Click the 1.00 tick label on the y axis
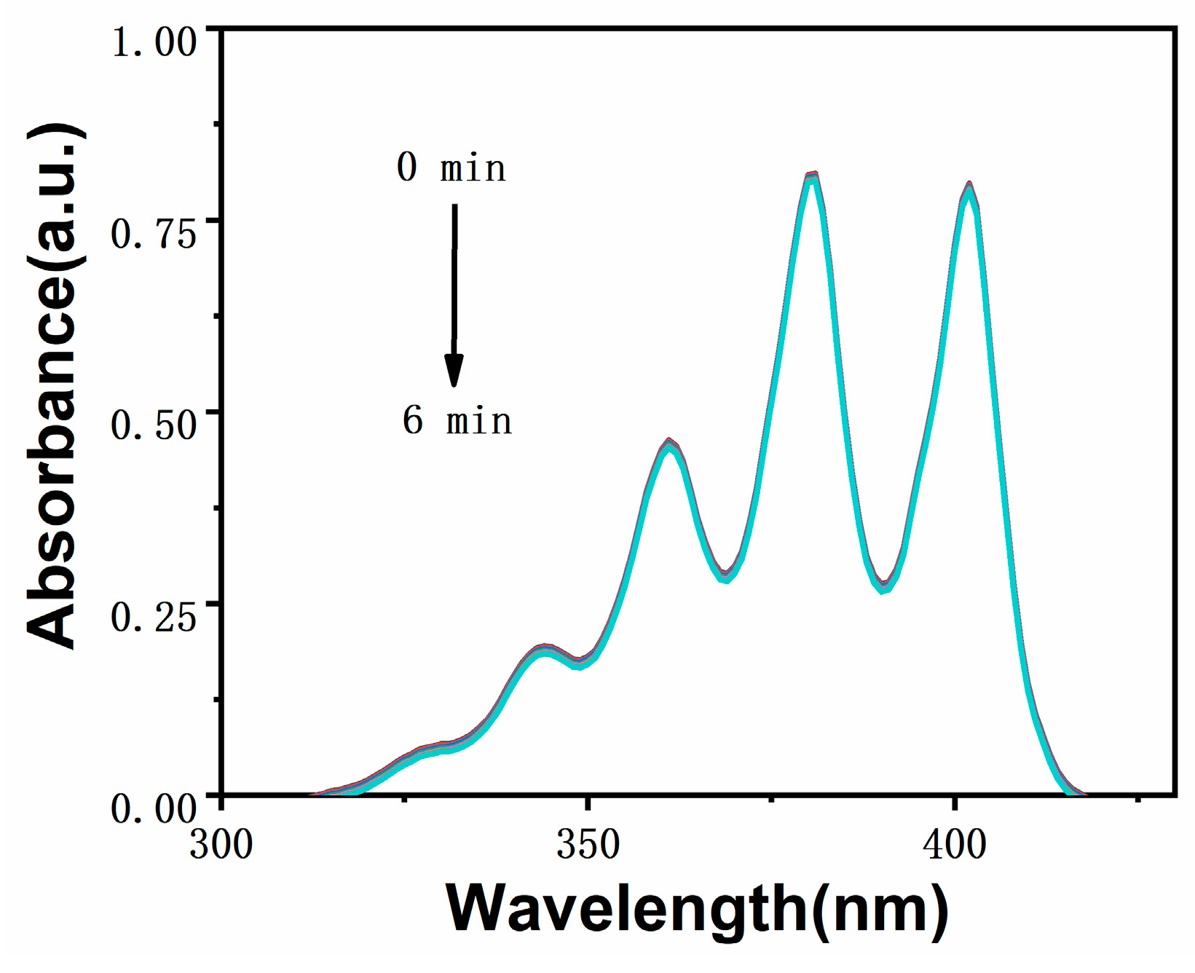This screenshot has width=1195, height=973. pyautogui.click(x=154, y=42)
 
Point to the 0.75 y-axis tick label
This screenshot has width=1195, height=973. pyautogui.click(x=154, y=235)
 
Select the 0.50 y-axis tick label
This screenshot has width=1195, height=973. pyautogui.click(x=154, y=425)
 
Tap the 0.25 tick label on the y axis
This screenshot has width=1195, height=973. pyautogui.click(x=154, y=617)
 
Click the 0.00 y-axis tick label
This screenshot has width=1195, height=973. pyautogui.click(x=154, y=808)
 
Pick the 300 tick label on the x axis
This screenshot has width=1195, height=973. pyautogui.click(x=221, y=846)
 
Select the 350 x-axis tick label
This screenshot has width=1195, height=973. pyautogui.click(x=588, y=846)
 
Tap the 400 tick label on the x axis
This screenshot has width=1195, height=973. pyautogui.click(x=954, y=846)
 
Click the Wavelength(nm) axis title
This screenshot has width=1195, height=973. pyautogui.click(x=696, y=908)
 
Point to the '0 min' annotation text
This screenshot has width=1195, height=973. pyautogui.click(x=451, y=168)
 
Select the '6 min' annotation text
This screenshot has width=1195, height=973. pyautogui.click(x=457, y=421)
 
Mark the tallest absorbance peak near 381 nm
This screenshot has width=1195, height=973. pyautogui.click(x=813, y=176)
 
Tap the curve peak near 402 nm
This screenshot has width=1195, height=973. pyautogui.click(x=969, y=186)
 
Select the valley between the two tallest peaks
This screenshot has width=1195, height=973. pyautogui.click(x=883, y=586)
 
